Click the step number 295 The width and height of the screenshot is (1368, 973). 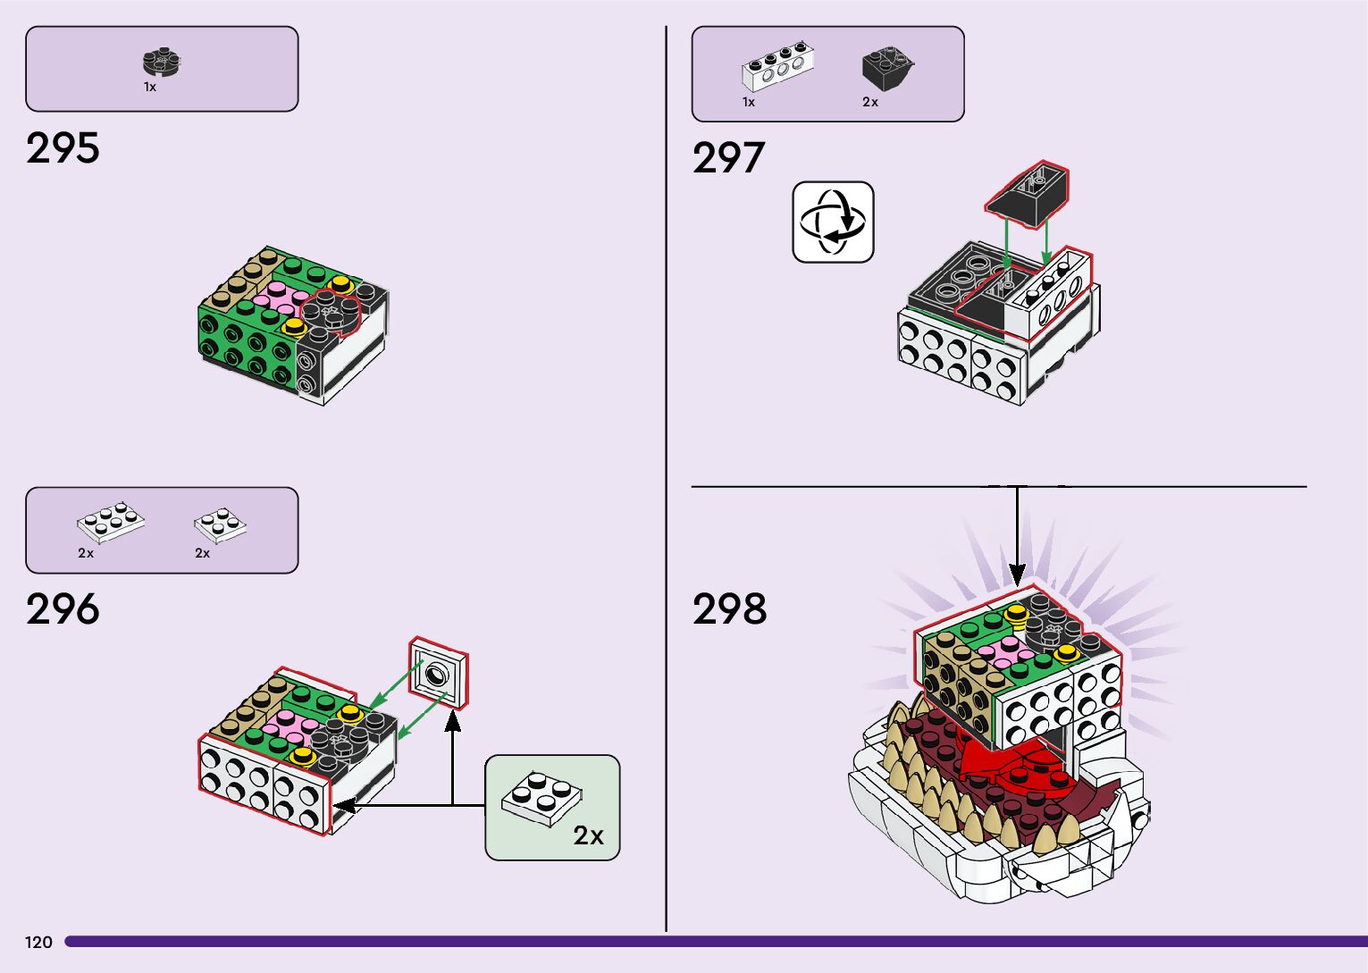coord(63,147)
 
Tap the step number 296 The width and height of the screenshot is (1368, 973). coord(63,609)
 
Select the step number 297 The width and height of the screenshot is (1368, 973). coord(728,157)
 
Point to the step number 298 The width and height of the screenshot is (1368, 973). coord(729,609)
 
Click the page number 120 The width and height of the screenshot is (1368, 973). coord(38,942)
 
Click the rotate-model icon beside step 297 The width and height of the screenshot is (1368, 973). coord(833,222)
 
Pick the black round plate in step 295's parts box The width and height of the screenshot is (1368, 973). coord(162,62)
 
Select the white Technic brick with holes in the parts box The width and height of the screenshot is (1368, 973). coord(777,67)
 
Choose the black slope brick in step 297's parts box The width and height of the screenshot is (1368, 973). coord(887,69)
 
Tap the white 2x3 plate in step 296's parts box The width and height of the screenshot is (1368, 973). coord(111,523)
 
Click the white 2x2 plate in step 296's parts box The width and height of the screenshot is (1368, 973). coord(221,525)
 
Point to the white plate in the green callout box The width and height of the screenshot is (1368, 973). coord(541,799)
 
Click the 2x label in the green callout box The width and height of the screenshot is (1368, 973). coord(588,835)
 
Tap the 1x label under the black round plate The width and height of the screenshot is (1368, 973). coord(150,88)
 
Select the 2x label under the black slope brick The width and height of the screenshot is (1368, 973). coord(870,102)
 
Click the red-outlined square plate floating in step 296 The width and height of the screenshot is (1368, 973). coord(439,673)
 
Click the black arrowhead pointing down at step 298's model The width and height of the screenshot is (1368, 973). coord(1017,575)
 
